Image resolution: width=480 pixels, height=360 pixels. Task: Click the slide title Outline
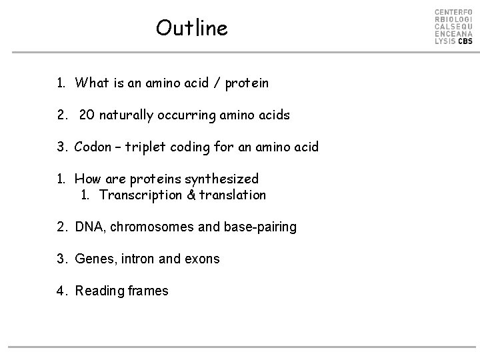191,28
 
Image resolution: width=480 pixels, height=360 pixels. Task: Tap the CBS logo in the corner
453,27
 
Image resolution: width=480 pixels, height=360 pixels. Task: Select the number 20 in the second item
87,115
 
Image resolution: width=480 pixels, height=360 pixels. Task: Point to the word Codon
94,147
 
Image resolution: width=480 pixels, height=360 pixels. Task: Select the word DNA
89,227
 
